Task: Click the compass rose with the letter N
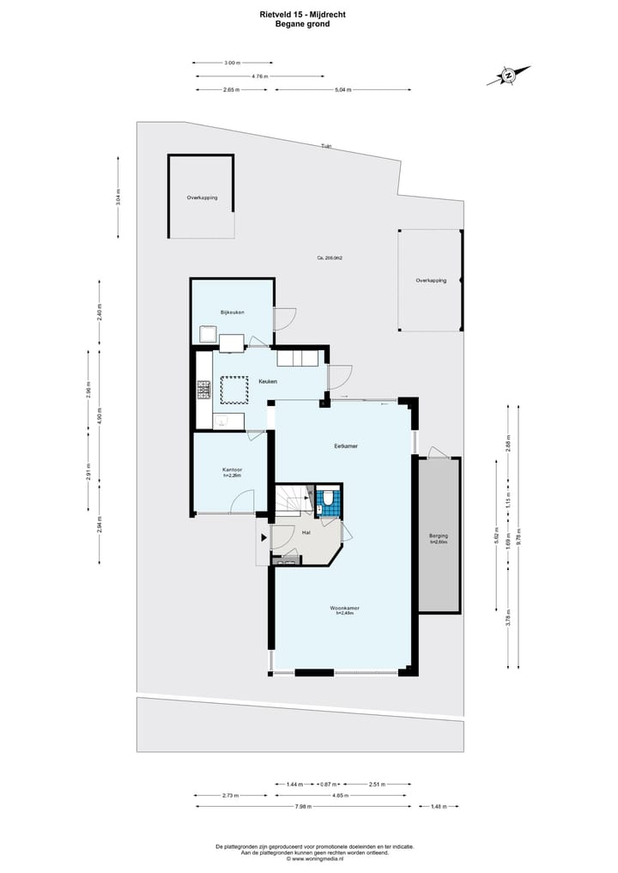(x=508, y=76)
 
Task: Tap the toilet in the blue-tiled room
(x=328, y=498)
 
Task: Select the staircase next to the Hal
(x=292, y=500)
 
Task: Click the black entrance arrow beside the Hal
(x=262, y=538)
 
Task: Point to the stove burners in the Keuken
(x=204, y=391)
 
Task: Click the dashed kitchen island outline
(x=235, y=390)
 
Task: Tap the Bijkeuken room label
(x=232, y=312)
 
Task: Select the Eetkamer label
(x=346, y=446)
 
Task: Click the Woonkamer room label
(x=343, y=609)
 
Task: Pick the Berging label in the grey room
(x=439, y=537)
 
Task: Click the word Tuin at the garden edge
(x=326, y=146)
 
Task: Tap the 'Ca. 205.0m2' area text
(x=330, y=258)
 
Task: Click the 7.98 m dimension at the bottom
(x=303, y=807)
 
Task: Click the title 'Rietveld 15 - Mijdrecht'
(x=302, y=14)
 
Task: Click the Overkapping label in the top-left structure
(x=202, y=197)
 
